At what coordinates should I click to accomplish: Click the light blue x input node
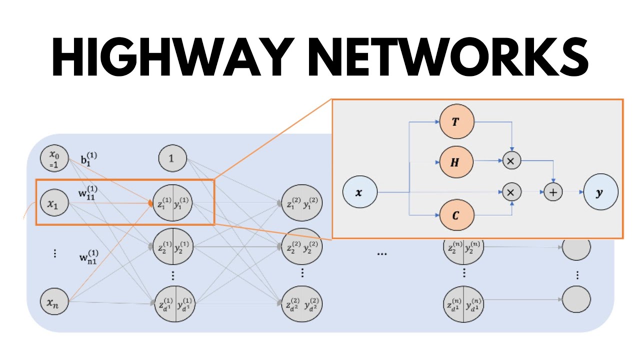tap(359, 192)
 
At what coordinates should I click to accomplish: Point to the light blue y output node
tap(601, 192)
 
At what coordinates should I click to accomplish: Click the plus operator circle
tap(553, 192)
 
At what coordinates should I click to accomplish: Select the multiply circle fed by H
tap(511, 161)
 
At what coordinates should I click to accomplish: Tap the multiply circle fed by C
tap(511, 192)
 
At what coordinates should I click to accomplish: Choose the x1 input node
tap(54, 203)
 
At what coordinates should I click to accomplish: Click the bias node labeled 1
tap(172, 159)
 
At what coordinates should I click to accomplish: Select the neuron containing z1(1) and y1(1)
tap(173, 203)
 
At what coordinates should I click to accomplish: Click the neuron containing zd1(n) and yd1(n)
tap(463, 303)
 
